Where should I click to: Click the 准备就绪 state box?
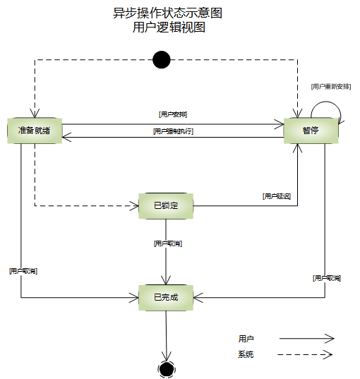34,130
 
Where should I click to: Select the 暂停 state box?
310,130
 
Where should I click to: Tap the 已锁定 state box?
166,205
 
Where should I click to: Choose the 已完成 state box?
166,298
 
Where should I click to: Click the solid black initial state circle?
162,60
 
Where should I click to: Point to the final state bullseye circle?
167,369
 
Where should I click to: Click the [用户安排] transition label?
173,114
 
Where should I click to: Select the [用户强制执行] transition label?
173,131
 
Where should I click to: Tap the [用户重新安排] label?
330,86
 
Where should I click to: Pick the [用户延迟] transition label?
277,195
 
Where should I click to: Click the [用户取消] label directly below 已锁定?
167,243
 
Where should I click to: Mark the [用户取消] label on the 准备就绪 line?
23,270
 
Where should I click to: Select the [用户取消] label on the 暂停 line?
326,278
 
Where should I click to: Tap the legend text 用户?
246,339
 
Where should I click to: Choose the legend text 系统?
246,354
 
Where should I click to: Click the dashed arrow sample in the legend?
304,354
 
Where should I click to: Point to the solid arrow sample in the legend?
304,339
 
